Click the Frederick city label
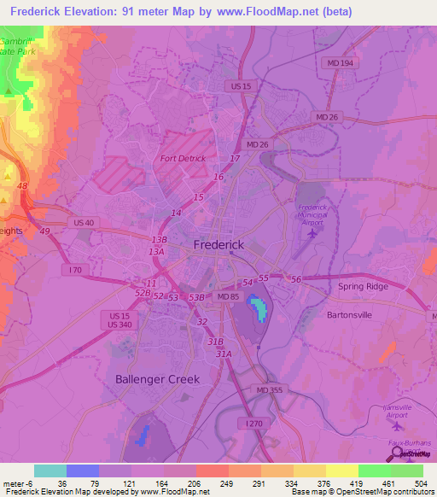click(218, 244)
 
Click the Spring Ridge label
click(363, 286)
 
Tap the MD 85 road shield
click(228, 295)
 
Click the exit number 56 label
click(296, 279)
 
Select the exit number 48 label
click(22, 186)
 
